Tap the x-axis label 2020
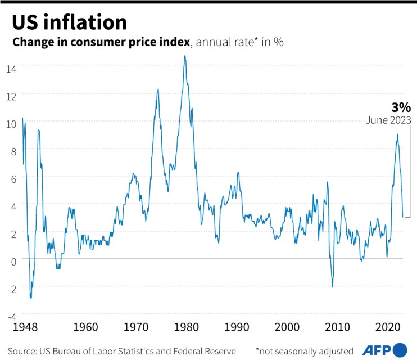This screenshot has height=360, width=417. (388, 326)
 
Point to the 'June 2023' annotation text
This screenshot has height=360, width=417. (388, 120)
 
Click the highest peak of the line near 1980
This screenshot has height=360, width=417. (185, 56)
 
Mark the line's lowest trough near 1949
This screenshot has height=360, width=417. (30, 297)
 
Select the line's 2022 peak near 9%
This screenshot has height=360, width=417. (397, 135)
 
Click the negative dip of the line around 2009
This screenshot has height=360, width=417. (332, 286)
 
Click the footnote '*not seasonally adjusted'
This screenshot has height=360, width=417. (304, 350)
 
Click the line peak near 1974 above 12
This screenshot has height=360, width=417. (158, 89)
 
